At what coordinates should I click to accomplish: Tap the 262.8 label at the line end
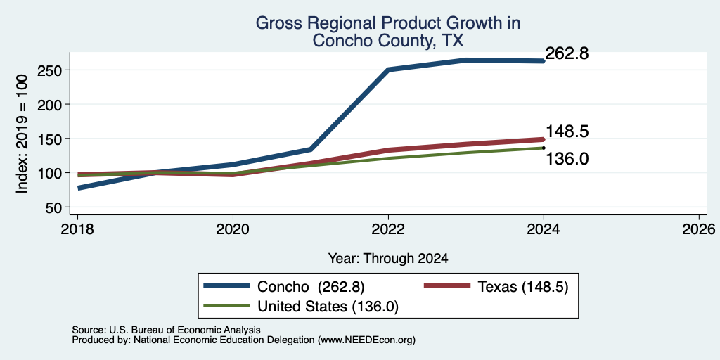pos(567,53)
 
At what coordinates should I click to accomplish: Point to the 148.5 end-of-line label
pos(567,131)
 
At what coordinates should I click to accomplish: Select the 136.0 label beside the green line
pos(567,159)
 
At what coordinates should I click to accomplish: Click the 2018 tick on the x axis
pos(77,229)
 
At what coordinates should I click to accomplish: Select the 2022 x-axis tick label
pos(388,229)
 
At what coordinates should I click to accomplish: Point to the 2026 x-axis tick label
pos(700,229)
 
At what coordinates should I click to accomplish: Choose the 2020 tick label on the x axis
pos(233,229)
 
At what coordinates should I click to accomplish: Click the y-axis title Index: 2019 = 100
pos(22,134)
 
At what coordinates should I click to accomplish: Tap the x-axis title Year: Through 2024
pos(388,259)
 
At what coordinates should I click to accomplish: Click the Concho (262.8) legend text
pos(311,287)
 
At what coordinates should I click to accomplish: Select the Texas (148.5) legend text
pos(523,287)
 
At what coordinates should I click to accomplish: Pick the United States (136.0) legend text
pos(328,307)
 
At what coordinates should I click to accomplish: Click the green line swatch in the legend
pos(227,306)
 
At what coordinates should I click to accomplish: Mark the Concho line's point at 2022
pos(388,70)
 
